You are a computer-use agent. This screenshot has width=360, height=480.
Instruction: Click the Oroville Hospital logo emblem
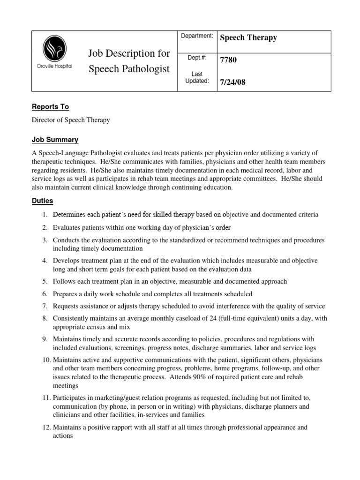54,50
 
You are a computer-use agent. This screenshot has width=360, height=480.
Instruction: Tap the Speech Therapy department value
248,38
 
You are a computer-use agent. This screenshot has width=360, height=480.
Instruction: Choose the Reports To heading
50,107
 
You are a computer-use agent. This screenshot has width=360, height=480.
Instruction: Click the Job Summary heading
55,140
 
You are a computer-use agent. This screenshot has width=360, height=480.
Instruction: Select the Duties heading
42,201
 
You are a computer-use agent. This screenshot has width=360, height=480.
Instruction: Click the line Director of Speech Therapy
71,120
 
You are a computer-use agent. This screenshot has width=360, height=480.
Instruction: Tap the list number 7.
44,306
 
